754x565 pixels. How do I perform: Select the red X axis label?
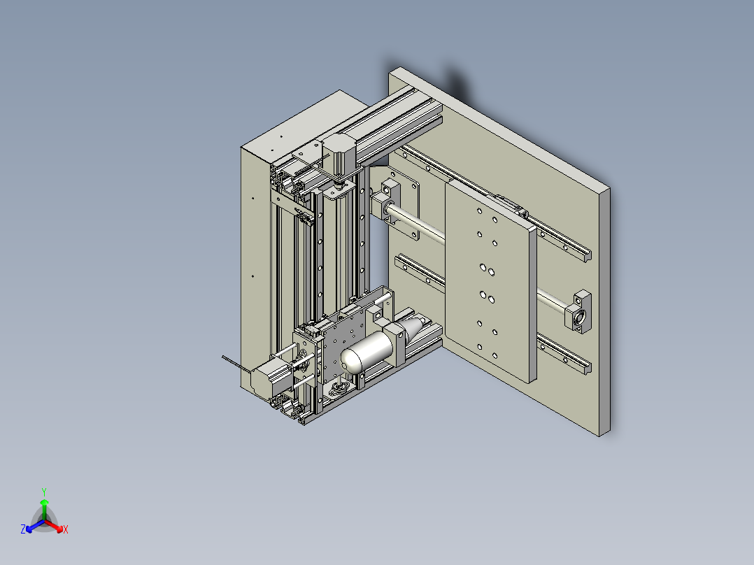[x=66, y=530]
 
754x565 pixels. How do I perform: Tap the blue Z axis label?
[x=23, y=530]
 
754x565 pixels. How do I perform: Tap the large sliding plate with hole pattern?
[x=490, y=280]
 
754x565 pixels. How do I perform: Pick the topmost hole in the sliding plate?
[x=479, y=210]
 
